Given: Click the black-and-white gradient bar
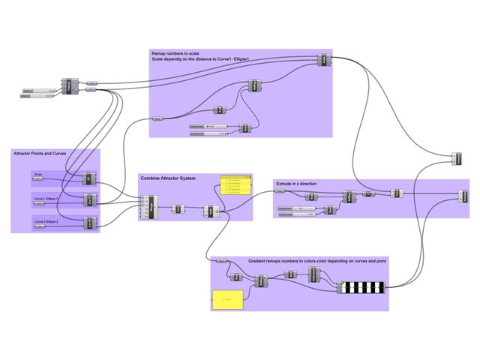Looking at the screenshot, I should [362, 286].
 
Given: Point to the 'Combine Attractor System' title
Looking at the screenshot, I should [167, 178].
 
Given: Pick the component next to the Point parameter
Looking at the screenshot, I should [88, 179].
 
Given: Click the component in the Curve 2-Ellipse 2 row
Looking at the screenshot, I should [88, 223].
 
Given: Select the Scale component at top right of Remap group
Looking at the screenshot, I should [323, 60].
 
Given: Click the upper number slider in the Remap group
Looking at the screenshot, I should [207, 126].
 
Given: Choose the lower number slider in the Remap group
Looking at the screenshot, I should [207, 134].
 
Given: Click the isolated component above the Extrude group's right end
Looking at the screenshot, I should [457, 158].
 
